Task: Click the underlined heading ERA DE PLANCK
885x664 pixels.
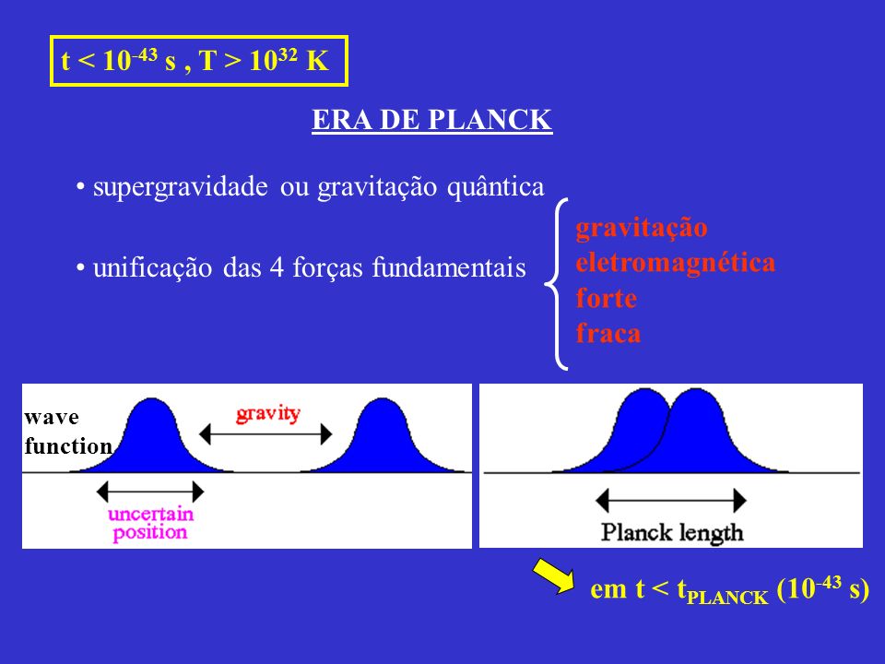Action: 432,121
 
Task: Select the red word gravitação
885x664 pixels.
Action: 641,227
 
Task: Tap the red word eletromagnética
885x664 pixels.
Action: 675,263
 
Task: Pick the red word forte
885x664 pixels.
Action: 606,299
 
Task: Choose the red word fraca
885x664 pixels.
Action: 608,333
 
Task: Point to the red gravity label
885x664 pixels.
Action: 267,414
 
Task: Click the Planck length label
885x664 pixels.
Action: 671,532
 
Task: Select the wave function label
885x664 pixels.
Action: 67,432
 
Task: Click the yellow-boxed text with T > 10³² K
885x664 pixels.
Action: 199,62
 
